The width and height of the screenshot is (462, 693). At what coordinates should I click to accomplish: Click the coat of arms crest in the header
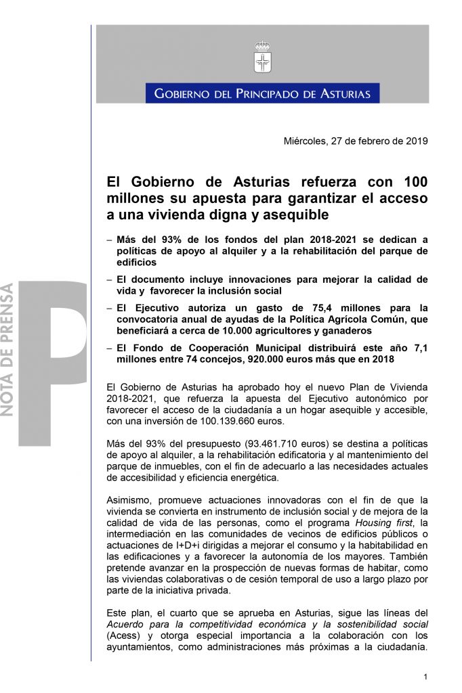(x=262, y=57)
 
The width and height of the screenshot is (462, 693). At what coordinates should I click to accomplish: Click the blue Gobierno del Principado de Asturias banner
(x=262, y=93)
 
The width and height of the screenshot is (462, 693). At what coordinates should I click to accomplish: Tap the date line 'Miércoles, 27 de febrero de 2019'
(x=355, y=141)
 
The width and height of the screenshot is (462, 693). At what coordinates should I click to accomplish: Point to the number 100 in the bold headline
(x=415, y=182)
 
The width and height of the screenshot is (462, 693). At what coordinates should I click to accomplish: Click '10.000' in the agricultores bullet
(x=209, y=332)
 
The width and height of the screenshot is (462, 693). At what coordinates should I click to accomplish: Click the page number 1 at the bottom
(x=425, y=677)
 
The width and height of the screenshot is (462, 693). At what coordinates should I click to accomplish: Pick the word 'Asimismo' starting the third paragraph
(x=130, y=500)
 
